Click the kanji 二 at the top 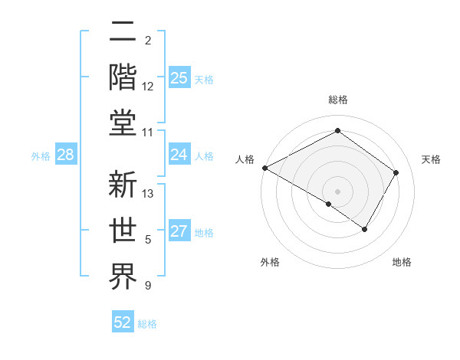123,34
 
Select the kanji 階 123,77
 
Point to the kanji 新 123,186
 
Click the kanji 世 123,231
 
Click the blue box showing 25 179,77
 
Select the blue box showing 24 179,155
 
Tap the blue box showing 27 179,232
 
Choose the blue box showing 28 66,155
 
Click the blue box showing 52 123,322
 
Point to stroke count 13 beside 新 149,194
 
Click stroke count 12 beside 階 148,87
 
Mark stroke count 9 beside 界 148,286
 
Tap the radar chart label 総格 337,100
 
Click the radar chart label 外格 270,262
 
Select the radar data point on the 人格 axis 264,167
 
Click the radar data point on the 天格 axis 396,172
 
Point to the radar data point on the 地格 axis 365,229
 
